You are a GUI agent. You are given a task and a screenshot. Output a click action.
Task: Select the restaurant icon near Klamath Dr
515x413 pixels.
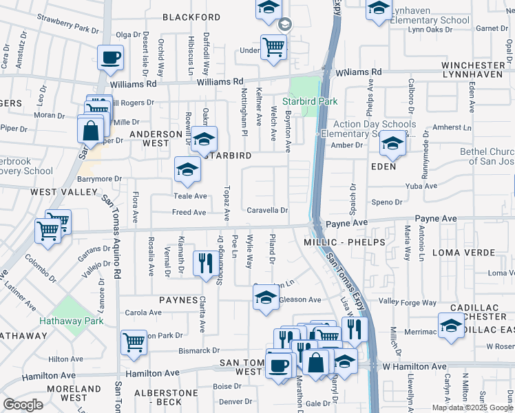click(205, 262)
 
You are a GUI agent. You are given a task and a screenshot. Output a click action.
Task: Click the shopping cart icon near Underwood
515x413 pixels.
click(274, 47)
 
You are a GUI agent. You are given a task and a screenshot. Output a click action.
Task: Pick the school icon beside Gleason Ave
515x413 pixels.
click(265, 297)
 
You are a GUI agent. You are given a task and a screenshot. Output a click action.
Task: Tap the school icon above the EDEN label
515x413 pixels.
click(392, 143)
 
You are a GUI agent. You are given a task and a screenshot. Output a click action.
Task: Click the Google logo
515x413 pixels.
click(23, 404)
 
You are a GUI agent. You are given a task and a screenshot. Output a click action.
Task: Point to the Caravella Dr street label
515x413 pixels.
click(267, 211)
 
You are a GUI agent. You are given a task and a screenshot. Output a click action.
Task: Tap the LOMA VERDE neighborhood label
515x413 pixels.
click(461, 253)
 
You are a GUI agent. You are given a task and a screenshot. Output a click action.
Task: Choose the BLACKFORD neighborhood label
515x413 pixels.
click(191, 17)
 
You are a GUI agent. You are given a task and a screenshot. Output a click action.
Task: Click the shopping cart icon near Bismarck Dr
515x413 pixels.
click(134, 342)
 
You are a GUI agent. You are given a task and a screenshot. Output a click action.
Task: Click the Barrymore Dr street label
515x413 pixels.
click(99, 178)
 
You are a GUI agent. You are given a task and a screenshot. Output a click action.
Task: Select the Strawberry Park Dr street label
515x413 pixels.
click(68, 24)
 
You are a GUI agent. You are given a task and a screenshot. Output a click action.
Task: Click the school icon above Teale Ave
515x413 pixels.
click(187, 170)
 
